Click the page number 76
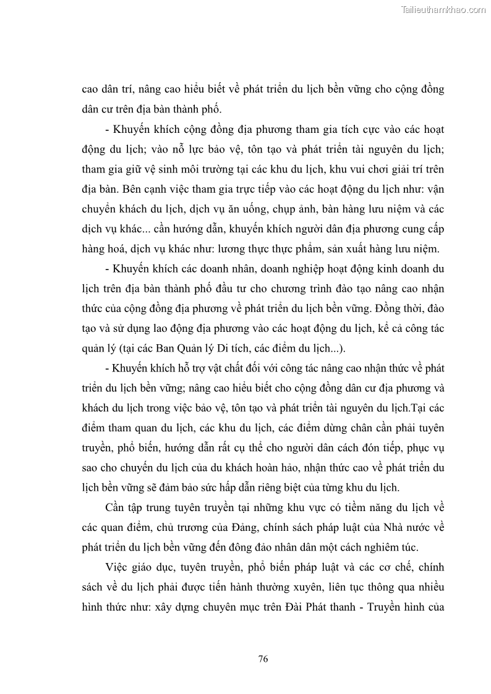click(263, 658)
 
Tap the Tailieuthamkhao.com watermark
click(443, 9)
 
